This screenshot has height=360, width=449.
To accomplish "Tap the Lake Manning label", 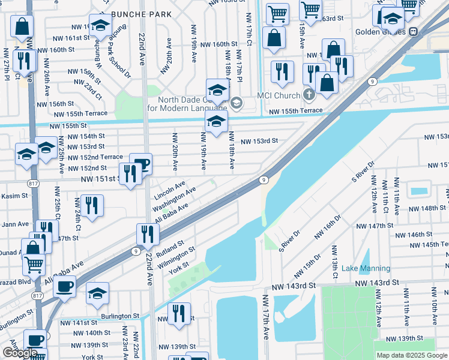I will coord(366,269).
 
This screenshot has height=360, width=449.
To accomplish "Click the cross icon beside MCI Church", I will coord(309,94).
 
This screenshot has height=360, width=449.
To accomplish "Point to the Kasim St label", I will coord(14,196).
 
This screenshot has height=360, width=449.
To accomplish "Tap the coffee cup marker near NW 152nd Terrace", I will coord(140,164).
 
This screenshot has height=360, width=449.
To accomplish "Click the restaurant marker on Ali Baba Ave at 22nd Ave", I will coord(147,233).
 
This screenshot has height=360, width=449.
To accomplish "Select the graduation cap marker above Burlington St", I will coord(97,293).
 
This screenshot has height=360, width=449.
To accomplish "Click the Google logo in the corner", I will coord(20,353).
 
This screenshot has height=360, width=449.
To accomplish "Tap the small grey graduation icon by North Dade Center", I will coord(236,103).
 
